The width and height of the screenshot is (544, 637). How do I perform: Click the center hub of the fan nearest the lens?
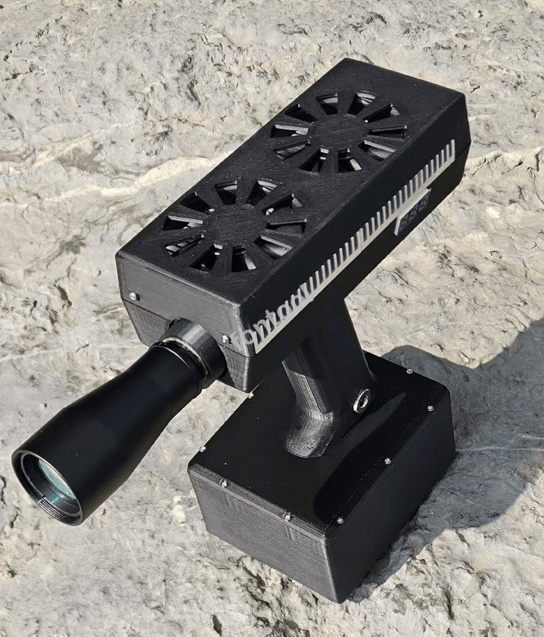pos(235,224)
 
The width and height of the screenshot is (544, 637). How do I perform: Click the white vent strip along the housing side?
pos(356,250)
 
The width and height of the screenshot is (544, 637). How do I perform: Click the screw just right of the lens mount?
pos(224,338)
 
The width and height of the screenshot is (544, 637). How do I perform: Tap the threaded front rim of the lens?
pos(42,492)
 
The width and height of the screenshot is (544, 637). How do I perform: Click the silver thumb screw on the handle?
pos(362,399)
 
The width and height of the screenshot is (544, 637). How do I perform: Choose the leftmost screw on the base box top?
pos(201,451)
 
